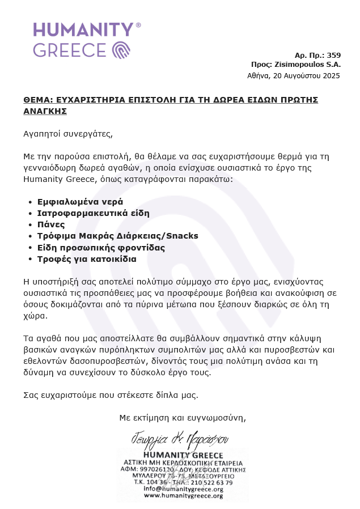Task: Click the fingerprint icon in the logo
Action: tap(122, 50)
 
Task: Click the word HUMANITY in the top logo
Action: tap(83, 30)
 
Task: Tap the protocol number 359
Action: tap(334, 55)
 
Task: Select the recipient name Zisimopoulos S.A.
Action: tap(307, 65)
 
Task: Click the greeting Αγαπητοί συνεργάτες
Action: tap(68, 134)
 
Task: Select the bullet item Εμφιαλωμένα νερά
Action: tap(80, 201)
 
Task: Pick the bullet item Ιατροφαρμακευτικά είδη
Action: tap(93, 213)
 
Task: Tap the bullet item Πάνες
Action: tap(51, 224)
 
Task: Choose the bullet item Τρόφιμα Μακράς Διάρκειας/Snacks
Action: tap(117, 236)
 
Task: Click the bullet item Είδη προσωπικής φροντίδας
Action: tap(101, 247)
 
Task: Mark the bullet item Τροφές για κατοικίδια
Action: tap(87, 259)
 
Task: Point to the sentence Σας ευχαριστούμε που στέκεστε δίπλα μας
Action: tap(111, 395)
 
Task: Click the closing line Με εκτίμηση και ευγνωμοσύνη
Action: tap(183, 418)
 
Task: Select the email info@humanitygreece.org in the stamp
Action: tap(183, 489)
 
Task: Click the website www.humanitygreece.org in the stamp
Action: tap(183, 495)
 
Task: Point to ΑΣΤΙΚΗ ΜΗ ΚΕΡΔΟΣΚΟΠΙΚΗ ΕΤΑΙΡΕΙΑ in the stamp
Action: tap(183, 463)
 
